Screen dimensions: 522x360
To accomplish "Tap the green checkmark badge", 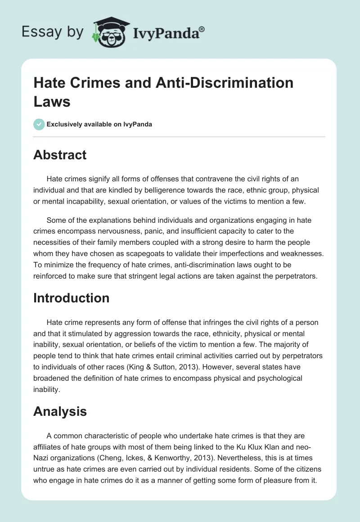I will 39,124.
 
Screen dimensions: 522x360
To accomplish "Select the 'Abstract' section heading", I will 60,155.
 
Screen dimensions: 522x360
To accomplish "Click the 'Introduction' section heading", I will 71,298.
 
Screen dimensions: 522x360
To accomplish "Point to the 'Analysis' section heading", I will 60,411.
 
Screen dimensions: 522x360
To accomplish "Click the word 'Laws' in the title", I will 52,101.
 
